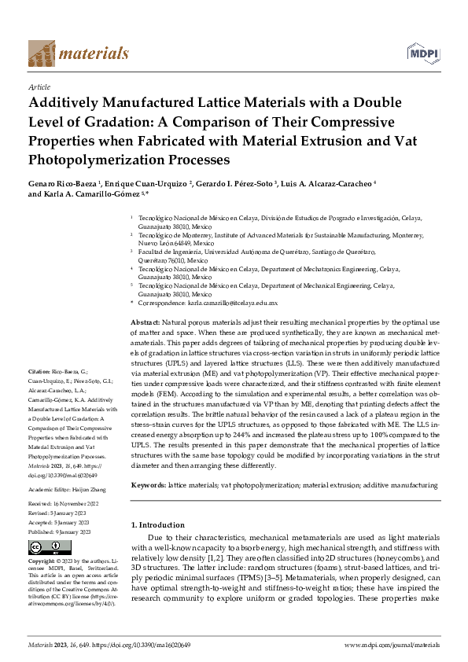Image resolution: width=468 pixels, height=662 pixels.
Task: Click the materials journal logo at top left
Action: click(x=78, y=53)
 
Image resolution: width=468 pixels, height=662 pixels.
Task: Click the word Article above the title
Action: click(x=39, y=87)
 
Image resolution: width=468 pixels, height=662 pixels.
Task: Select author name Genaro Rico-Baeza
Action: click(x=63, y=182)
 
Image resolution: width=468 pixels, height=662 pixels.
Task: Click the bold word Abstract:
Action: click(x=145, y=323)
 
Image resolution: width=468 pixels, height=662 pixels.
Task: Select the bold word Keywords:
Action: click(x=148, y=486)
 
